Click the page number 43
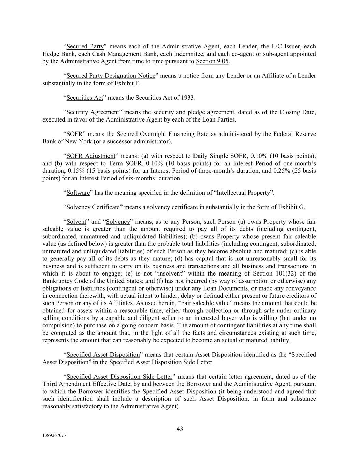coord(180,429)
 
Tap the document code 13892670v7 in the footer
coord(54,436)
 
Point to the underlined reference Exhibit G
coord(291,207)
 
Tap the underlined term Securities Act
coord(85,98)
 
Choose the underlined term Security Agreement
coord(92,112)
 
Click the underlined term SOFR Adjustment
coord(91,156)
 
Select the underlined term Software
coord(78,193)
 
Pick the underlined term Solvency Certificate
coord(93,207)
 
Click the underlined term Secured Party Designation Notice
coord(111,75)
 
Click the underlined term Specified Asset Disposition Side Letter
coord(119,377)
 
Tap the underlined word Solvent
coord(76,222)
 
